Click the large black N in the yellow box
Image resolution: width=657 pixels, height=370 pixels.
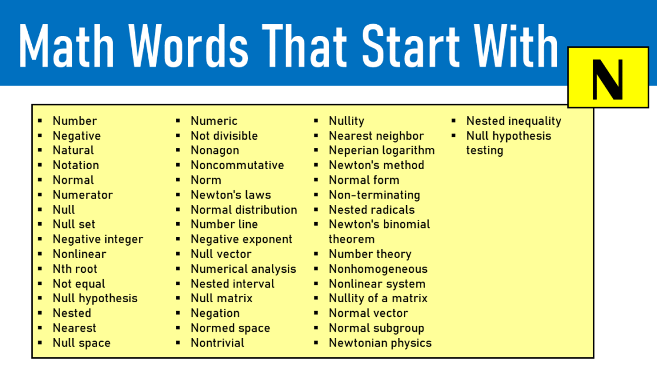(x=607, y=78)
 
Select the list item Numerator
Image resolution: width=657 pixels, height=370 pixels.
(x=82, y=195)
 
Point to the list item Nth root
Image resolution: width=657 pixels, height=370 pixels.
(x=75, y=269)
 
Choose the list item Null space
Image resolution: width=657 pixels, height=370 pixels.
(x=81, y=343)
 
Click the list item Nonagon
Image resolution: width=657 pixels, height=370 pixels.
(x=215, y=150)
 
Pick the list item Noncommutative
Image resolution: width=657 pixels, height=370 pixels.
(x=237, y=165)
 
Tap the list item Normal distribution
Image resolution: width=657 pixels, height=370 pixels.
(x=244, y=210)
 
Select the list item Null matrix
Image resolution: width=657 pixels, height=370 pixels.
(x=221, y=298)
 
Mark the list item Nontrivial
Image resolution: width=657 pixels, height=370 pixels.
(x=217, y=343)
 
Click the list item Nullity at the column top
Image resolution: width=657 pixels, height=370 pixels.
(x=346, y=121)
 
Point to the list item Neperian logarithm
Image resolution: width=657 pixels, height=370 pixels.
(x=381, y=150)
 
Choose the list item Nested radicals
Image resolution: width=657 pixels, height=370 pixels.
(x=371, y=210)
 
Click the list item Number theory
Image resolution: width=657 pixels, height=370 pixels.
(x=370, y=254)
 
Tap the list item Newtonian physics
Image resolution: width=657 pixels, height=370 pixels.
(x=380, y=343)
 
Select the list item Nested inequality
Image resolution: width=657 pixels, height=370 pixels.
(x=513, y=121)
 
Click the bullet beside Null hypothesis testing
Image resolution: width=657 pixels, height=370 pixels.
(x=454, y=136)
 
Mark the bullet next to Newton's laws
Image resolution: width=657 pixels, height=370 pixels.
(x=178, y=195)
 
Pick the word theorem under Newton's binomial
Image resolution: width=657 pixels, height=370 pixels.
(x=351, y=239)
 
